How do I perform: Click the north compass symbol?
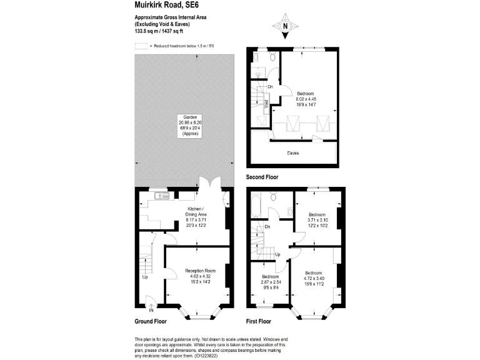(285, 26)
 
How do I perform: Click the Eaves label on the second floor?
(292, 152)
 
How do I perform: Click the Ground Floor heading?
(151, 321)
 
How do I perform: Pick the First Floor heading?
(258, 321)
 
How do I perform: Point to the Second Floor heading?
(262, 177)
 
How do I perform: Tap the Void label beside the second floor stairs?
(266, 104)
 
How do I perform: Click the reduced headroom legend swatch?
(141, 46)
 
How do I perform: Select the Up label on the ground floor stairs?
(144, 277)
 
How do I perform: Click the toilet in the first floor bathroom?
(273, 197)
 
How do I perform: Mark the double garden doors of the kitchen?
(207, 185)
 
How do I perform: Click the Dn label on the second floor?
(270, 87)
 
